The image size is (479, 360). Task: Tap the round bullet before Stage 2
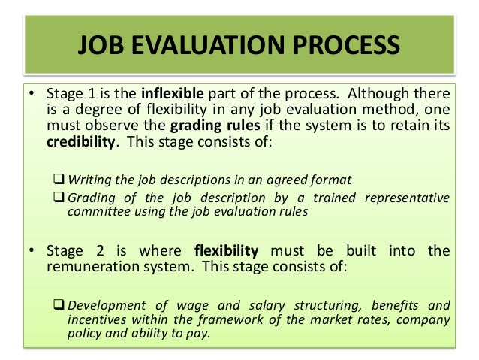32,250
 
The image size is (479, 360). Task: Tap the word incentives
95,320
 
